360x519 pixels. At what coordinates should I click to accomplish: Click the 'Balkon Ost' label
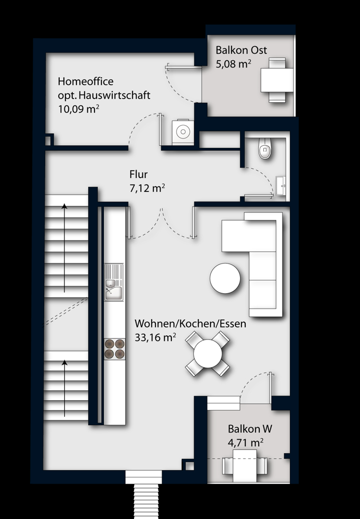[x=241, y=50]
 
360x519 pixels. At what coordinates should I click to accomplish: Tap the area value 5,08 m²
[x=234, y=64]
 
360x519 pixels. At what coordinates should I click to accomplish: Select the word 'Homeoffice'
[x=86, y=81]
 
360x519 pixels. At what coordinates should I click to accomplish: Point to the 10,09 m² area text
[x=79, y=109]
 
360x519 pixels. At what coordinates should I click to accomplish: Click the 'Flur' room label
[x=138, y=174]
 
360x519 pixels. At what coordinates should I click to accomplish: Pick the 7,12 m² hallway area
[x=147, y=188]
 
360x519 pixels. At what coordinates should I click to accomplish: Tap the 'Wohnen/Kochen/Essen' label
[x=190, y=323]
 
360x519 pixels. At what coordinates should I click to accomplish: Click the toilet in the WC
[x=265, y=149]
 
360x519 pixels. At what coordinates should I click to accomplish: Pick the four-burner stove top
[x=114, y=348]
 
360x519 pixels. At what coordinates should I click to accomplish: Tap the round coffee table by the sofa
[x=225, y=278]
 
